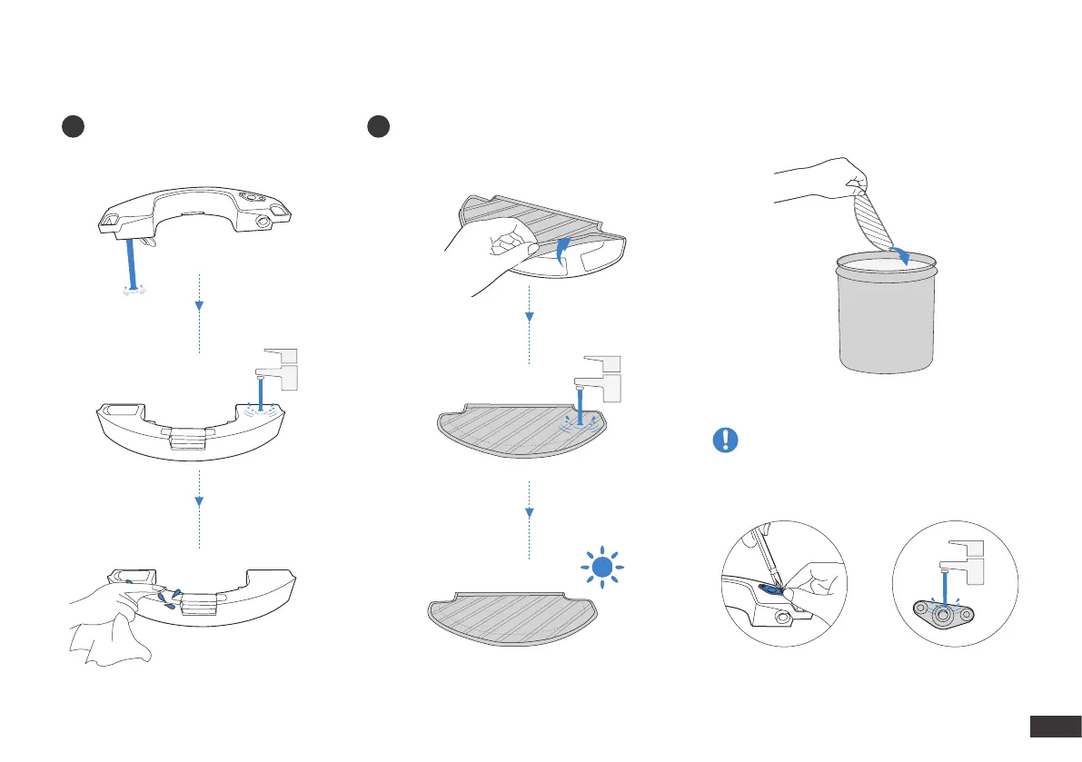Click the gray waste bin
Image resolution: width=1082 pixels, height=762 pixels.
[885, 313]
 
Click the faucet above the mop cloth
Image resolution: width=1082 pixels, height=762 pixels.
[601, 374]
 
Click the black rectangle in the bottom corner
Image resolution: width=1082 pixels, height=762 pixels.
[1052, 727]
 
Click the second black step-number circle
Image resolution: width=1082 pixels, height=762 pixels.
[379, 127]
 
